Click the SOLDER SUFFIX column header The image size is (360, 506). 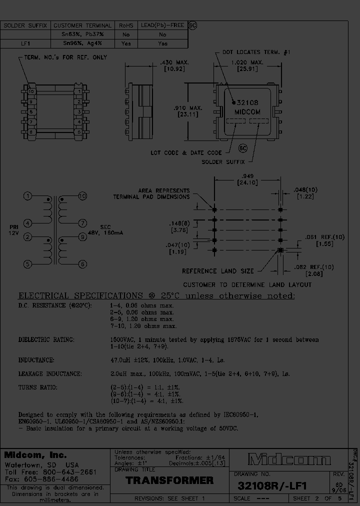click(x=25, y=25)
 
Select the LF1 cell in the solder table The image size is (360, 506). click(x=25, y=44)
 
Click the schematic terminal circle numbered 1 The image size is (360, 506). click(x=28, y=195)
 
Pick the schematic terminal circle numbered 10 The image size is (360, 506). click(x=82, y=195)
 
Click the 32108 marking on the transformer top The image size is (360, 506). click(x=248, y=102)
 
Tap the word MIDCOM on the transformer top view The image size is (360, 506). click(x=247, y=112)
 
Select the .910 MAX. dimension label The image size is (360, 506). click(x=187, y=107)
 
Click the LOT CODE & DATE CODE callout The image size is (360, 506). click(x=186, y=152)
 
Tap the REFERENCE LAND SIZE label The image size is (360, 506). click(x=217, y=271)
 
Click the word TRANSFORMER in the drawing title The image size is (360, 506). click(x=169, y=480)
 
